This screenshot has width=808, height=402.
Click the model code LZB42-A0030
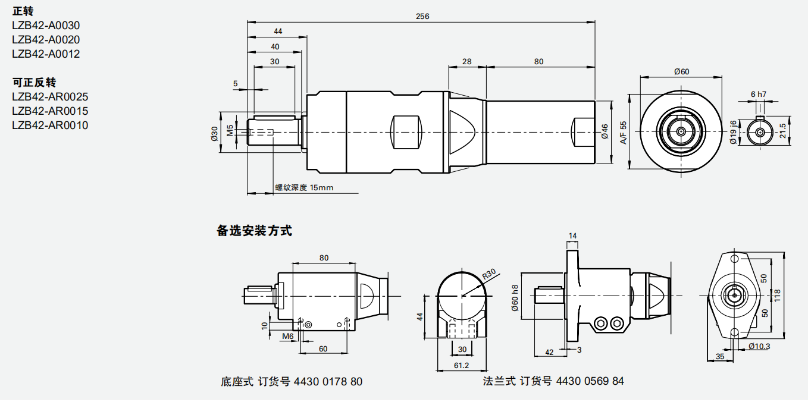point(46,26)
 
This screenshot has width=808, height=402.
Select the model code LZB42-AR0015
point(50,111)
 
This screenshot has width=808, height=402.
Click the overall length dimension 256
point(422,16)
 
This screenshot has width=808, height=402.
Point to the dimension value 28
point(466,61)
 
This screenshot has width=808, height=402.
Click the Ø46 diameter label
point(605,131)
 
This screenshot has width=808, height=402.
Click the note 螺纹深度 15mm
point(304,188)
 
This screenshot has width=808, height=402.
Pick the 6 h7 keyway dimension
point(758,94)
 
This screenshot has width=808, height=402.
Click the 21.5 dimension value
point(783,131)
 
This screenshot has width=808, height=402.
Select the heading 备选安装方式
point(255,231)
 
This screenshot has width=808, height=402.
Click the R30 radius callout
point(488,274)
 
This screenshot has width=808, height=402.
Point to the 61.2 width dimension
point(461,365)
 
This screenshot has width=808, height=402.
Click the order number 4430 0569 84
point(590,381)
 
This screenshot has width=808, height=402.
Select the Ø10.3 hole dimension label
point(759,346)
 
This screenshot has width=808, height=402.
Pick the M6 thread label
point(288,336)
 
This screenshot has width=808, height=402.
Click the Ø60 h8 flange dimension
point(515,297)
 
